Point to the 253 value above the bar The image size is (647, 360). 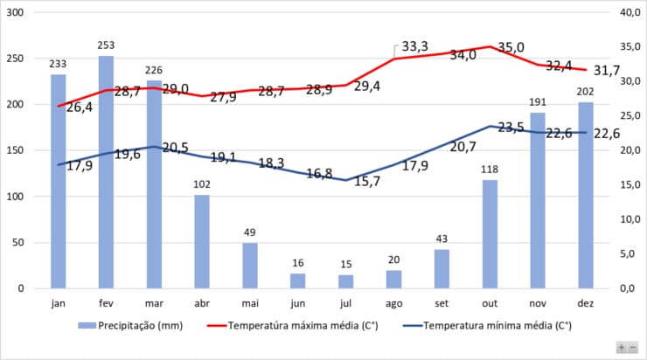tap(106, 46)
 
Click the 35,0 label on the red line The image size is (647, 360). tap(511, 47)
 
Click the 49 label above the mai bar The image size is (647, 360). tap(250, 233)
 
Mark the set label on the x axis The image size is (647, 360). tap(442, 303)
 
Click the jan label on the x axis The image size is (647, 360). tap(58, 303)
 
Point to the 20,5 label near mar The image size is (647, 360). tap(175, 148)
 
